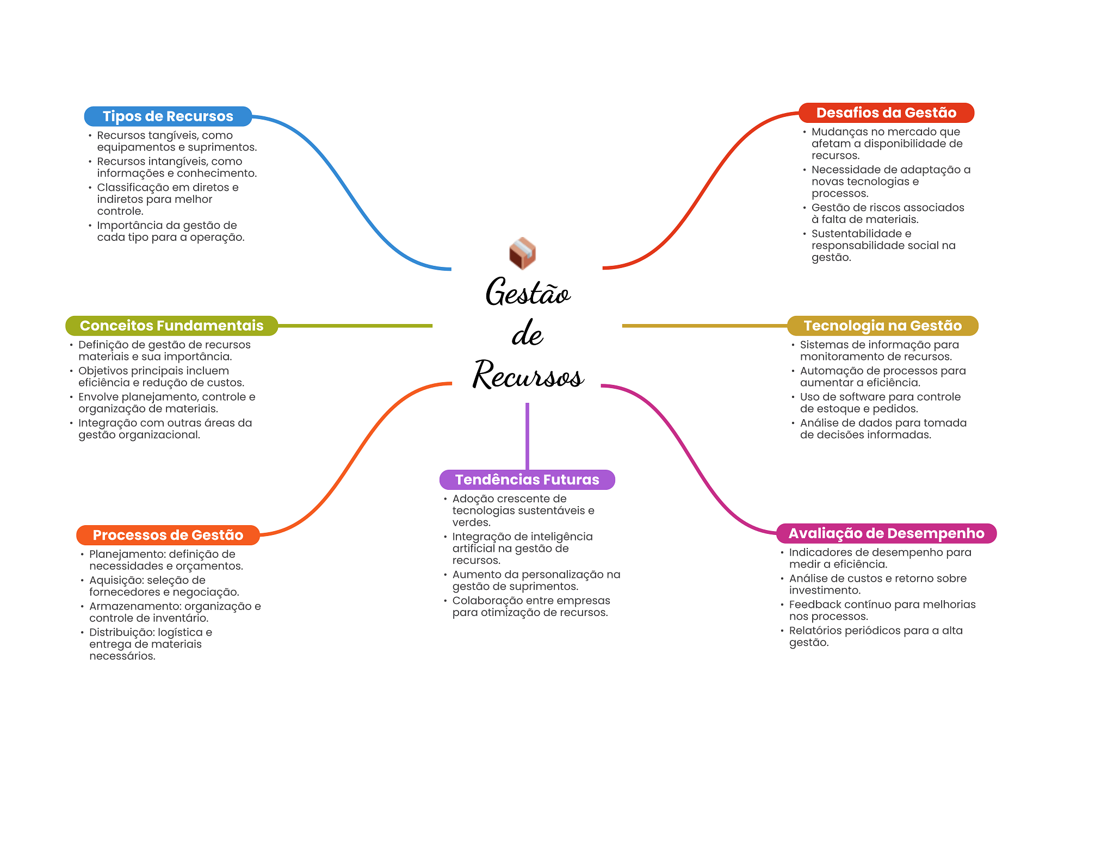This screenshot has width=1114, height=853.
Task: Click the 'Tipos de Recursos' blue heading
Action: pyautogui.click(x=168, y=116)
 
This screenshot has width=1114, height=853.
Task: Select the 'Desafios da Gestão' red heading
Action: pyautogui.click(x=886, y=113)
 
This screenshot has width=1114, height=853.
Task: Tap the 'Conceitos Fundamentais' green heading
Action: pyautogui.click(x=171, y=326)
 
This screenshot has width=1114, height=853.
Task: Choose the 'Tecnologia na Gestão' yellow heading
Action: pyautogui.click(x=882, y=326)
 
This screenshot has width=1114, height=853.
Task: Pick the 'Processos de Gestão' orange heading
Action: pyautogui.click(x=168, y=535)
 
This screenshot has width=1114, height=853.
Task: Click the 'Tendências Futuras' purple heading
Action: pyautogui.click(x=527, y=480)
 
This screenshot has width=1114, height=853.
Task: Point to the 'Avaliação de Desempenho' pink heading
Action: pyautogui.click(x=886, y=533)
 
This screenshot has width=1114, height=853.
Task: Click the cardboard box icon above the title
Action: pyautogui.click(x=522, y=253)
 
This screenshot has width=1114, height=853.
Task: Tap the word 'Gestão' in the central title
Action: pyautogui.click(x=528, y=292)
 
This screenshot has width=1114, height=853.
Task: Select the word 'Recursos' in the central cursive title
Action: pyautogui.click(x=528, y=375)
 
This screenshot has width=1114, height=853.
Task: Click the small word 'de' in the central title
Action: pyautogui.click(x=527, y=333)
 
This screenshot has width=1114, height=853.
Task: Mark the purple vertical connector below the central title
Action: pyautogui.click(x=527, y=436)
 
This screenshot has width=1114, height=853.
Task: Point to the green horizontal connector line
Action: pyautogui.click(x=355, y=326)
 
